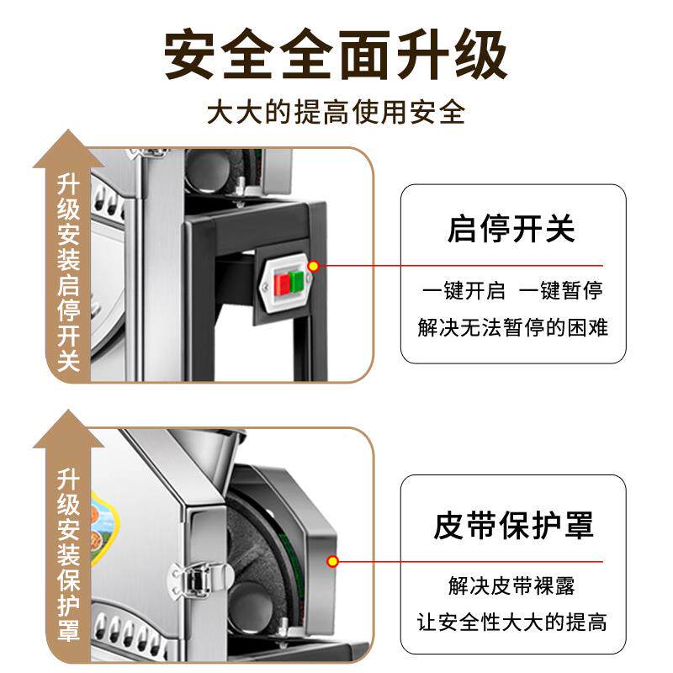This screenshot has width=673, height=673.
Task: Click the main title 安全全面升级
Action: pos(336,56)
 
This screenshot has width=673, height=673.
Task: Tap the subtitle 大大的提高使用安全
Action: pos(336,113)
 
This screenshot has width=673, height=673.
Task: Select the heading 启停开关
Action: pos(511,229)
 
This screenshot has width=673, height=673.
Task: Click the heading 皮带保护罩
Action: pos(513,525)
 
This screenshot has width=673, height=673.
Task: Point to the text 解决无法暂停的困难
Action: pos(512,326)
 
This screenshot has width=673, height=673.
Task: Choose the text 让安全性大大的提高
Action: pos(512,623)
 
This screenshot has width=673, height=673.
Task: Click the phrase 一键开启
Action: pos(464,291)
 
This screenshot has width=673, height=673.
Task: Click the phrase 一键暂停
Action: pos(560,291)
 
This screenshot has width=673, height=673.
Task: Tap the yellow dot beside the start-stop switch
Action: pos(313,267)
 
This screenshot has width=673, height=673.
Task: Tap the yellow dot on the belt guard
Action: pos(333,560)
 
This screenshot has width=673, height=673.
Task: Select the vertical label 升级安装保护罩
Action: pos(69,555)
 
